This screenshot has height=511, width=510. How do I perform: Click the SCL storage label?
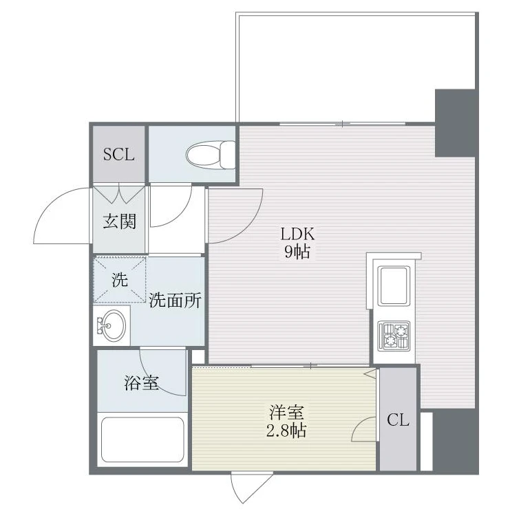118,154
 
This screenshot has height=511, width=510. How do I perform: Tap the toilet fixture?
211,155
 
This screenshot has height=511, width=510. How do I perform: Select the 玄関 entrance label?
119,221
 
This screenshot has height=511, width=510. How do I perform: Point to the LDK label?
298,234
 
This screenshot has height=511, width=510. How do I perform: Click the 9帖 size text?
297,251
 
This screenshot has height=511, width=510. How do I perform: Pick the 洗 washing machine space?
120,280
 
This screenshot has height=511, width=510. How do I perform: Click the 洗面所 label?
175,300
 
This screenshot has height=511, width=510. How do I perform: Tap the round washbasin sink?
112,325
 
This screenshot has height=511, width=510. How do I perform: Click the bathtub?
142,439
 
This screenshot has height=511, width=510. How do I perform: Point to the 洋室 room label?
286,412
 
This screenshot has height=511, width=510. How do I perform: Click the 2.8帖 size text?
286,431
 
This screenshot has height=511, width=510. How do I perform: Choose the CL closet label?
398,420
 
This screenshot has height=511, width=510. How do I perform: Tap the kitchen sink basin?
394,286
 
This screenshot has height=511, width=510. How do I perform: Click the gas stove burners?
394,336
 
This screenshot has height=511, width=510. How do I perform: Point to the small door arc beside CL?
360,425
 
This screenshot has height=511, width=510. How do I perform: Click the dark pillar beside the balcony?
455,123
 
